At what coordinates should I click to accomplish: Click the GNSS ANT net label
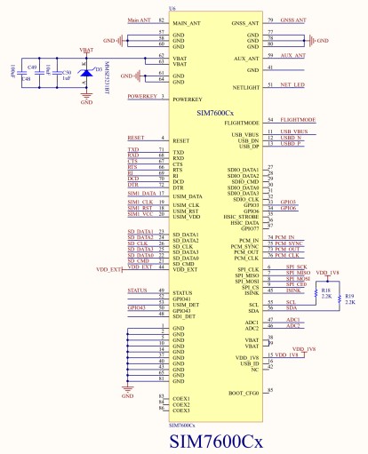(293, 19)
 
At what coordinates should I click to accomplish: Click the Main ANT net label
(140, 19)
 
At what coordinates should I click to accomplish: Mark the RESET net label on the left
(136, 139)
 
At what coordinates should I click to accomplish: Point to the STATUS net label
(138, 291)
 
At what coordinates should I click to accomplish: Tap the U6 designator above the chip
(172, 10)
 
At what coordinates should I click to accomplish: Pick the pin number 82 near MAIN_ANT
(161, 19)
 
